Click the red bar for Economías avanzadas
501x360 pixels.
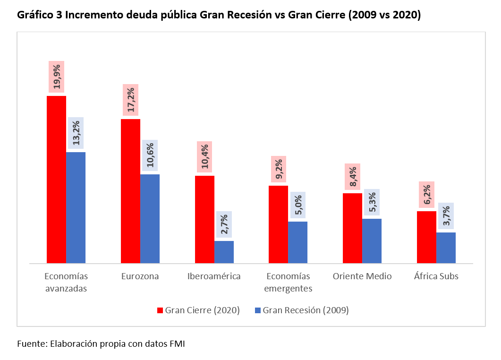[56, 180]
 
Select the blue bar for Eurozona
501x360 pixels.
[150, 219]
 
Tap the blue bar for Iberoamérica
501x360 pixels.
[224, 252]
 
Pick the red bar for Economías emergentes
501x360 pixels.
[278, 224]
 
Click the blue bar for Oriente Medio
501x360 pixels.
[372, 241]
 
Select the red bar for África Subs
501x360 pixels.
[426, 237]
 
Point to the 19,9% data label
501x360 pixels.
[56, 77]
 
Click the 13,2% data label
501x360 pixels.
[76, 133]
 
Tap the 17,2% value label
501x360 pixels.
[131, 100]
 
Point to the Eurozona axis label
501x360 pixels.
[140, 276]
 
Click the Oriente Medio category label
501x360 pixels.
[362, 276]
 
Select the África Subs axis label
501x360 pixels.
[436, 276]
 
